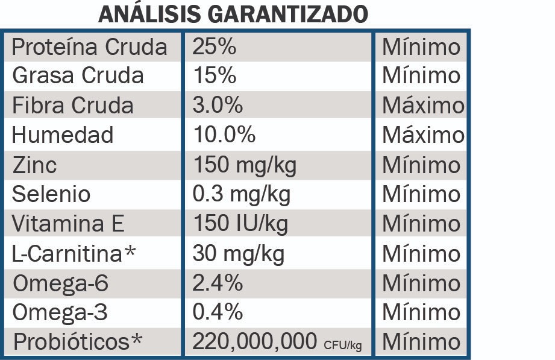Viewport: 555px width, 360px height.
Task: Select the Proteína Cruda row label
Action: coord(89,46)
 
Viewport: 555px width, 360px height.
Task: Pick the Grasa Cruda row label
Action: coord(78,76)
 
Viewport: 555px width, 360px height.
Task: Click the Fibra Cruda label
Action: coord(73,106)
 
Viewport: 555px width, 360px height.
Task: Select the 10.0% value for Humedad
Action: coord(224,135)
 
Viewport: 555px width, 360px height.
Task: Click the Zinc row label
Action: coord(34,165)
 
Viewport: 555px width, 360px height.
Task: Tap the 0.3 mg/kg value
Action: coord(241,194)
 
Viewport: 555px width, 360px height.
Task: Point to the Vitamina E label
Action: coord(68,224)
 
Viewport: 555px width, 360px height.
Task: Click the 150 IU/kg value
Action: coord(240,224)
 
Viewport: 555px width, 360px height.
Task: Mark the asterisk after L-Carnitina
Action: coord(133,252)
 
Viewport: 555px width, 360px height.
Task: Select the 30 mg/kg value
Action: coord(239,253)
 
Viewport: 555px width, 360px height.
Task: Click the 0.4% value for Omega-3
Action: coord(218,312)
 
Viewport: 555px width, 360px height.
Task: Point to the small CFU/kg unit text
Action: coord(342,345)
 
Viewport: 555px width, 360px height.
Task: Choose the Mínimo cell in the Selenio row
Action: coord(421,194)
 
